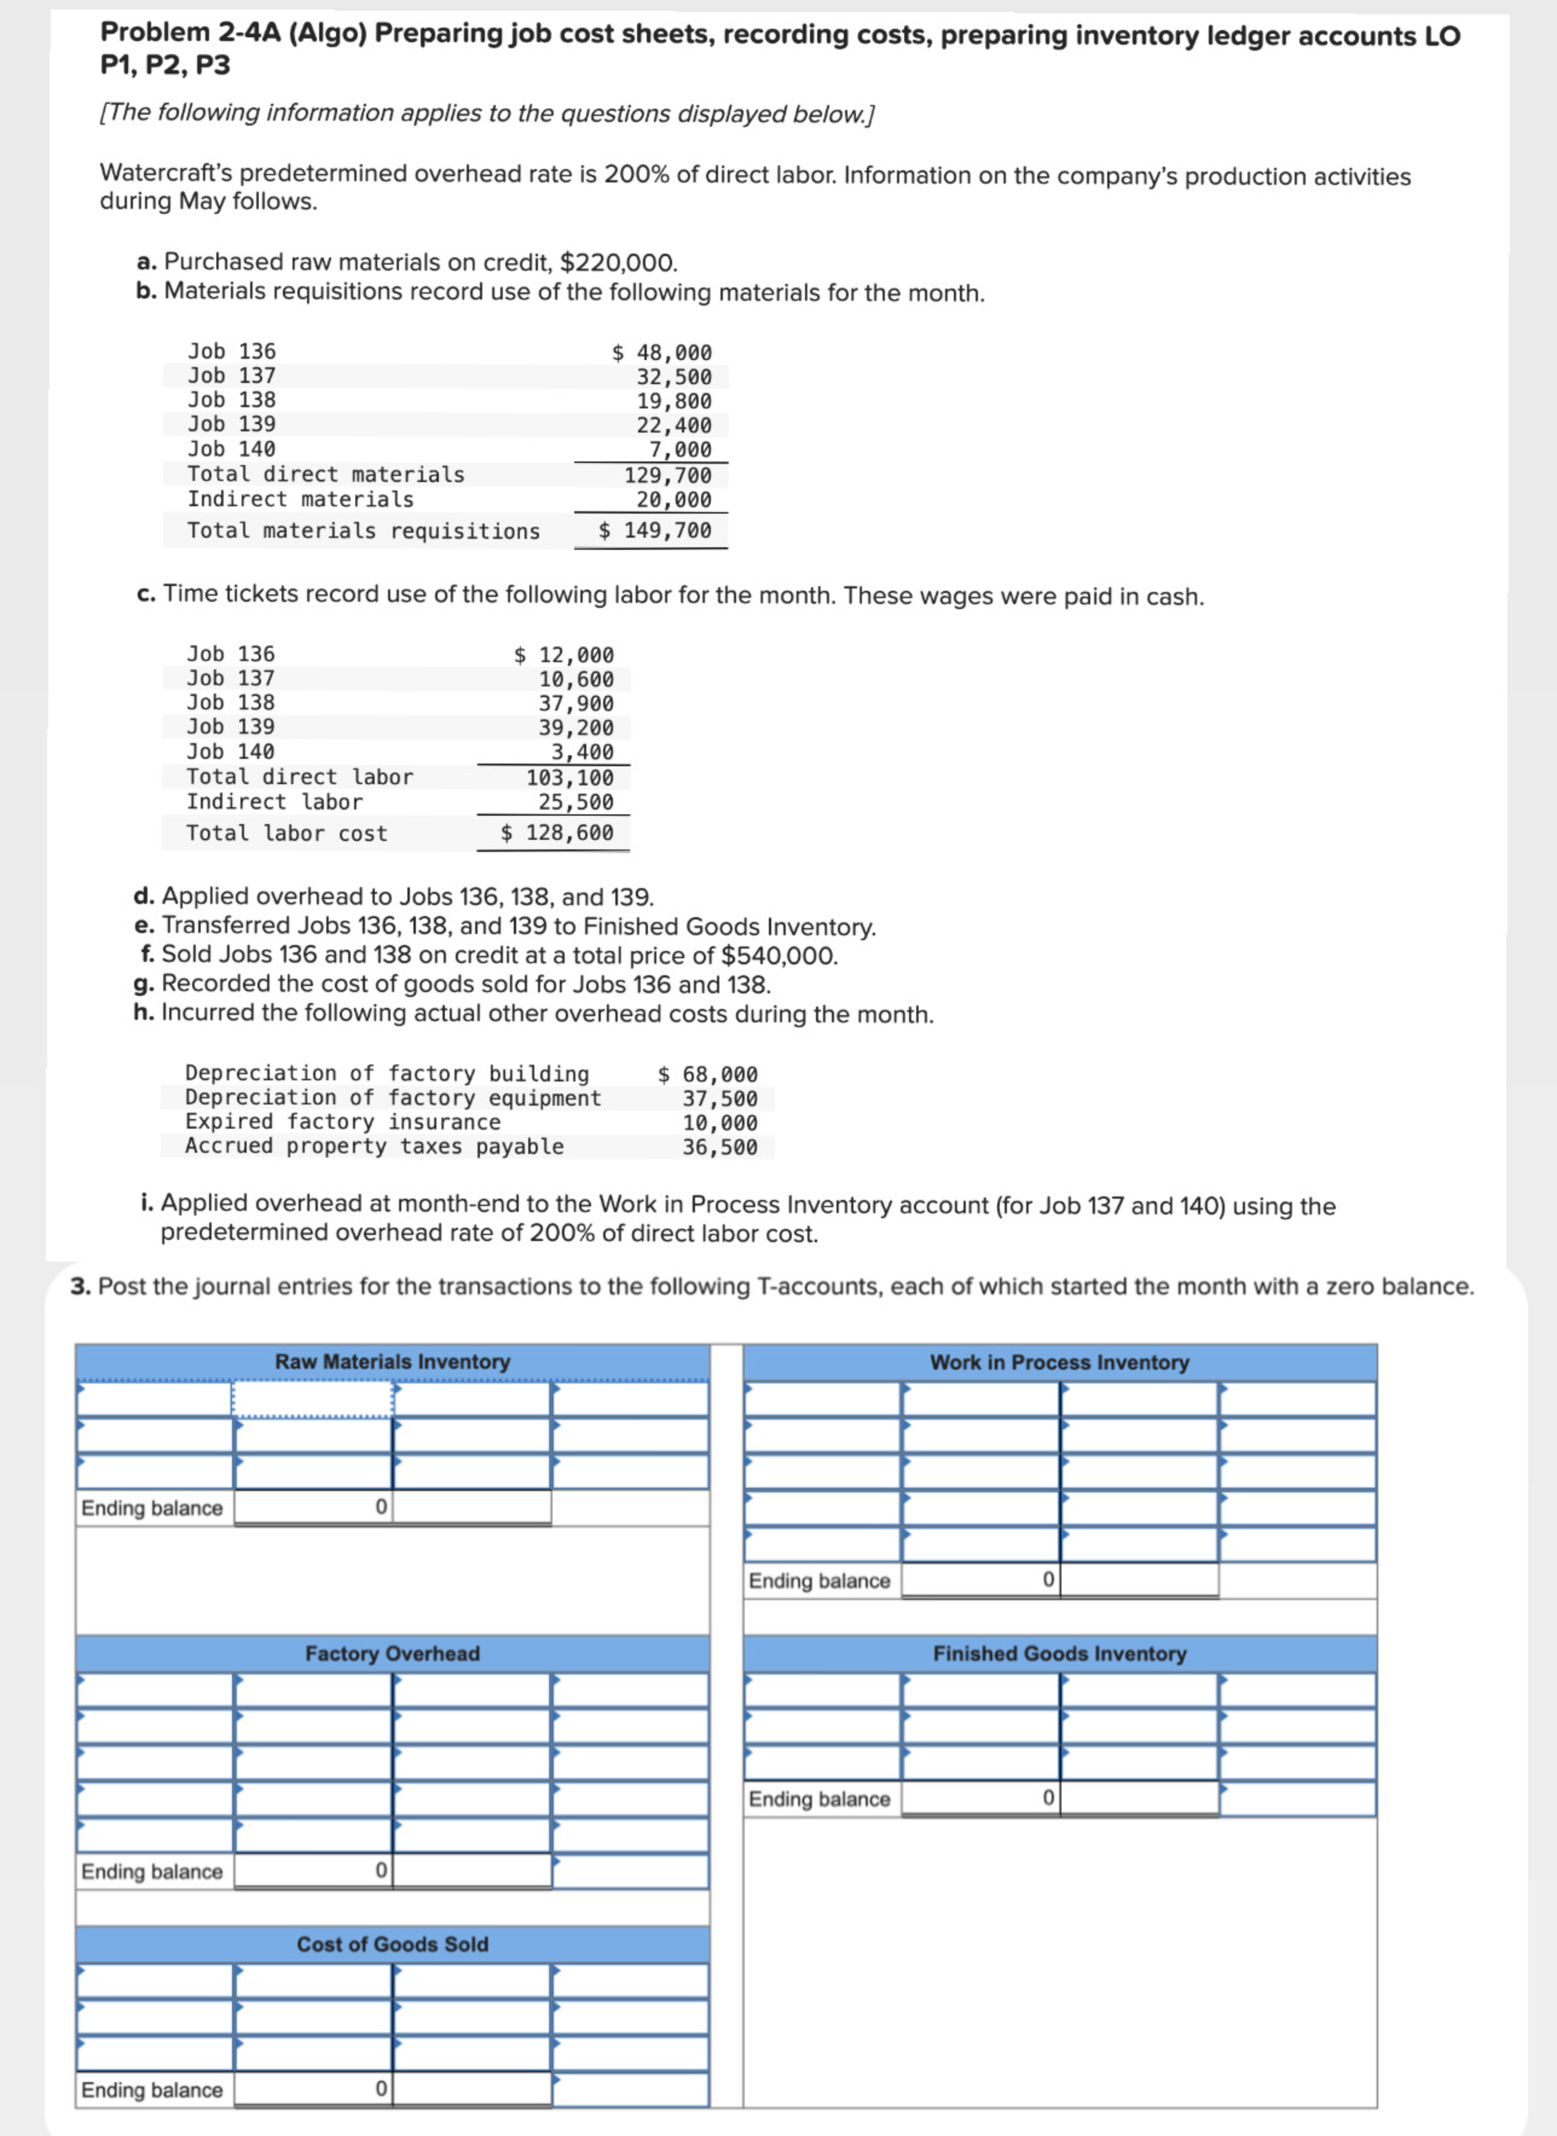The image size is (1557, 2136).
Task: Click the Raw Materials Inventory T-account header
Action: pos(392,1361)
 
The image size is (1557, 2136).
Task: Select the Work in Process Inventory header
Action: pos(1060,1363)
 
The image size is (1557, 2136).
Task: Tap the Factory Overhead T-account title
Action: pos(392,1654)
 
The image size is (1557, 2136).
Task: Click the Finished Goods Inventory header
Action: pos(1060,1654)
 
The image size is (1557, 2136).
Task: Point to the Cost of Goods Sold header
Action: pos(392,1944)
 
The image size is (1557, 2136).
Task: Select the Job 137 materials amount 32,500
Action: pos(674,377)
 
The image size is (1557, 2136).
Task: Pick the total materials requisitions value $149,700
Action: pos(656,531)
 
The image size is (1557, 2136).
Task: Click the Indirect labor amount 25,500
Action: pos(576,802)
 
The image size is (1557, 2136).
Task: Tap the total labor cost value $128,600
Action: pos(557,833)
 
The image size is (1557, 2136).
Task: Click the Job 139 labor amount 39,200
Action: pos(576,728)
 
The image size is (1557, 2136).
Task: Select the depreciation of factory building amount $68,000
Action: pos(708,1074)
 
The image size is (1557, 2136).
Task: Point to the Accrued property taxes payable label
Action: pos(374,1147)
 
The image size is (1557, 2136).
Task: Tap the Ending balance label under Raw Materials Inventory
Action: pos(152,1508)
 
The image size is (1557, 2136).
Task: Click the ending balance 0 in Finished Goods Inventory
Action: pos(1047,1798)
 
